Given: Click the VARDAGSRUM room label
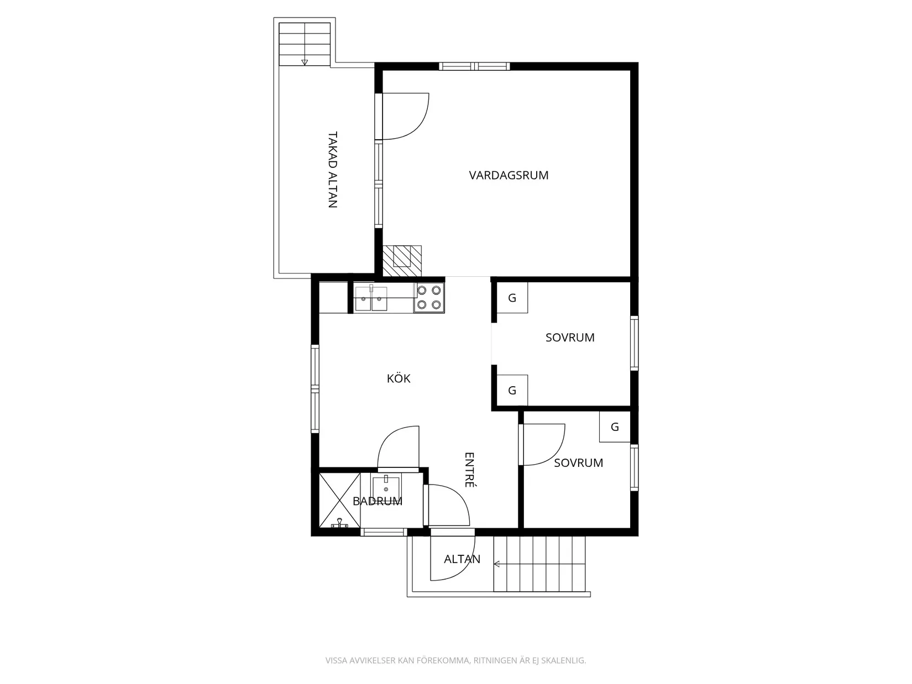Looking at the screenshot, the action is point(508,175).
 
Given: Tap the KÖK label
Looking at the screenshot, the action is point(399,378).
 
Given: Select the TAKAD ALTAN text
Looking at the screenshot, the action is point(333,170).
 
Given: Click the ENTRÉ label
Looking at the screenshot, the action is point(469,470).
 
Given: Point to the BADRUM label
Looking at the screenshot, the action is point(378,501).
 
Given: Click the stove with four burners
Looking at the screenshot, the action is point(429,298).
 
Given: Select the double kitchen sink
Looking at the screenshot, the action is point(371,298).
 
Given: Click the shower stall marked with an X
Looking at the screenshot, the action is point(339,501).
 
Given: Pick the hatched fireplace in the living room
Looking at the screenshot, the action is point(402,261).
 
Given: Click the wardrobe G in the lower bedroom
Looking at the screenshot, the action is point(615,427).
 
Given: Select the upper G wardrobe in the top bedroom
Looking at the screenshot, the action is point(512,298).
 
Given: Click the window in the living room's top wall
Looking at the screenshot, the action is point(474,66).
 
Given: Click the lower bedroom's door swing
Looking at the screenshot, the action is point(555,454).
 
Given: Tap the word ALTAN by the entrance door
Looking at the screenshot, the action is point(462,559).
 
